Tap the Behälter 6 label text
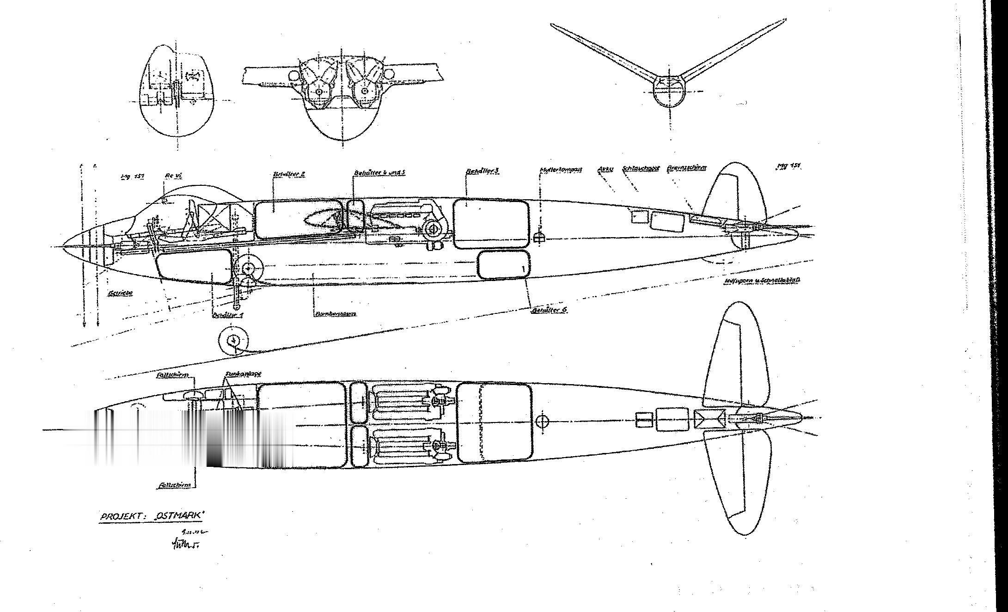point(549,310)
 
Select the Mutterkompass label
point(560,170)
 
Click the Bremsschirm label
point(687,169)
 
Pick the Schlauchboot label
point(641,169)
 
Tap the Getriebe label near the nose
point(120,293)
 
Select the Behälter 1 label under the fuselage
point(227,315)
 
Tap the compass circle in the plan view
point(543,421)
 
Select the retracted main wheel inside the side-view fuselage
point(249,269)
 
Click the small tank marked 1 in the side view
point(503,265)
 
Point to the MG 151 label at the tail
point(788,166)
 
